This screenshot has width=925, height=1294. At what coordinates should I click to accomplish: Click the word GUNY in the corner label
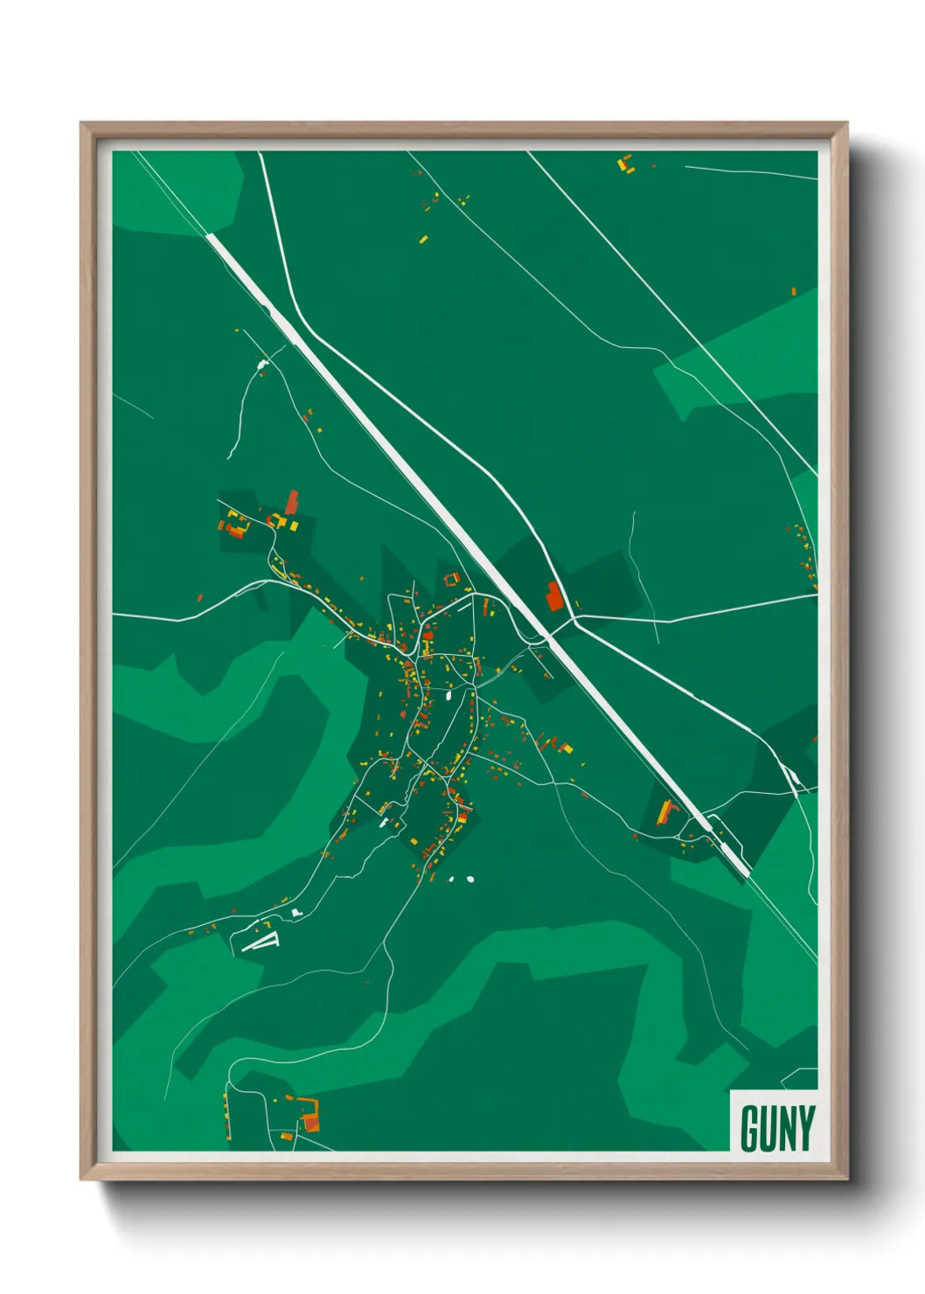click(777, 1128)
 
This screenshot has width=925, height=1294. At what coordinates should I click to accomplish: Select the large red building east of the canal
click(554, 595)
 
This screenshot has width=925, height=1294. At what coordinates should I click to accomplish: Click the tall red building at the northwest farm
click(292, 502)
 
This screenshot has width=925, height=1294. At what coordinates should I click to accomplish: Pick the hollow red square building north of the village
click(451, 579)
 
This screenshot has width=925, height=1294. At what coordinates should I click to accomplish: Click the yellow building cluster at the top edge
click(624, 163)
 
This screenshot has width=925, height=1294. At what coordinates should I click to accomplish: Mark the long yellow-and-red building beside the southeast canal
click(666, 812)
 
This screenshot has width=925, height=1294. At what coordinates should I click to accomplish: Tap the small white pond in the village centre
click(448, 696)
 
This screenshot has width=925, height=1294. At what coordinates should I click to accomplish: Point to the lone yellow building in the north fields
click(424, 238)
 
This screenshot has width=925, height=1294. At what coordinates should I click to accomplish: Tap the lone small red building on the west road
click(200, 598)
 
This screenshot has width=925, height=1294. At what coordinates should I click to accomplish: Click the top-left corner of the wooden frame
click(81, 123)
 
